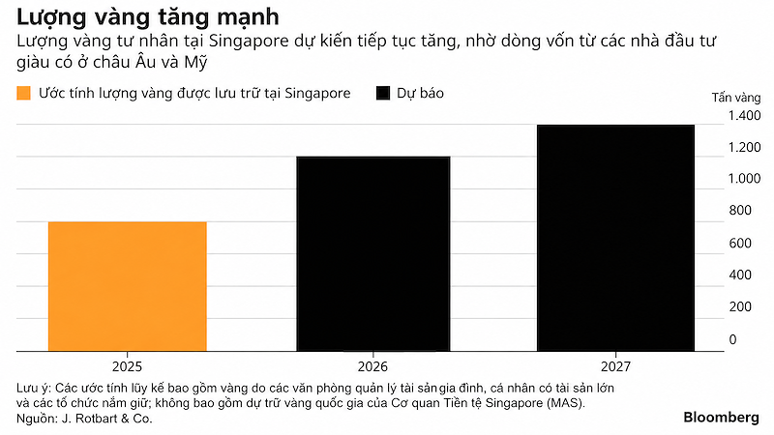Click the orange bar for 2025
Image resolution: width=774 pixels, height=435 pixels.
click(128, 286)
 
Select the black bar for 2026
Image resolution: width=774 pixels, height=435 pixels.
click(373, 254)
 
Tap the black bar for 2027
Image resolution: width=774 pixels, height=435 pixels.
click(615, 238)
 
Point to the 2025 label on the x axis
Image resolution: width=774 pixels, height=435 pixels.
click(127, 366)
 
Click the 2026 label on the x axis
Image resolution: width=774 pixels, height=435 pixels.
click(372, 366)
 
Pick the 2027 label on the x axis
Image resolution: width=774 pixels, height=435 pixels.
click(615, 366)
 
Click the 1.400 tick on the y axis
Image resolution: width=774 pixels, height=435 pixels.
click(744, 115)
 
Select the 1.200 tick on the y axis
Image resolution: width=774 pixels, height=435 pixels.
click(744, 147)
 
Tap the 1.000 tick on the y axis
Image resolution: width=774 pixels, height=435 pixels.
click(744, 179)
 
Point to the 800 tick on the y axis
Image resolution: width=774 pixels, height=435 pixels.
click(740, 211)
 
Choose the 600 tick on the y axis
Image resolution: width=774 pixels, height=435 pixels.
click(740, 244)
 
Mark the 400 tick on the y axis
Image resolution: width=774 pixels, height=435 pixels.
click(740, 275)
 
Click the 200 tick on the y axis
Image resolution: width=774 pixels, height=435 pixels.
click(740, 306)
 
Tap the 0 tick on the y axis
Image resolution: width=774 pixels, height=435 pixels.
click(732, 339)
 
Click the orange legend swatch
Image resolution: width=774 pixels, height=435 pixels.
click(23, 93)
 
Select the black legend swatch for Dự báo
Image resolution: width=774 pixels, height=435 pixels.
click(383, 93)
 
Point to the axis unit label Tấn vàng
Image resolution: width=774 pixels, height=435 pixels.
click(736, 98)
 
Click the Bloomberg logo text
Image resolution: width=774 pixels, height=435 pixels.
click(721, 418)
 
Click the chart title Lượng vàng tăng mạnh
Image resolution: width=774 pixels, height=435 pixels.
click(148, 17)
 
